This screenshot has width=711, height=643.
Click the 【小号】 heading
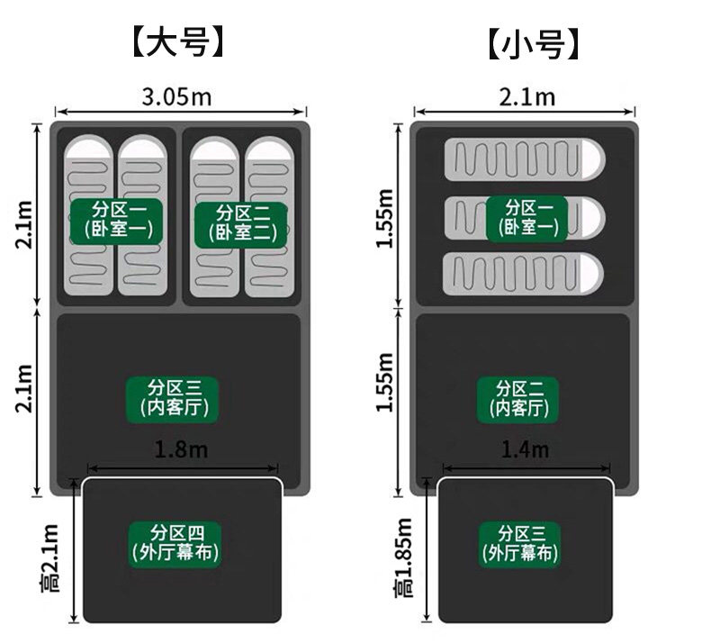click(x=528, y=42)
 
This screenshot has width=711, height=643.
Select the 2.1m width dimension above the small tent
click(x=526, y=96)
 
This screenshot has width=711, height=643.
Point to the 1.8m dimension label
click(x=181, y=449)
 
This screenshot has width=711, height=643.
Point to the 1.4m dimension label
click(x=526, y=449)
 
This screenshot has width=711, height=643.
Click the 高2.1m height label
click(x=49, y=557)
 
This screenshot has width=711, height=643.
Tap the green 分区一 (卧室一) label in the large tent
click(x=117, y=221)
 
